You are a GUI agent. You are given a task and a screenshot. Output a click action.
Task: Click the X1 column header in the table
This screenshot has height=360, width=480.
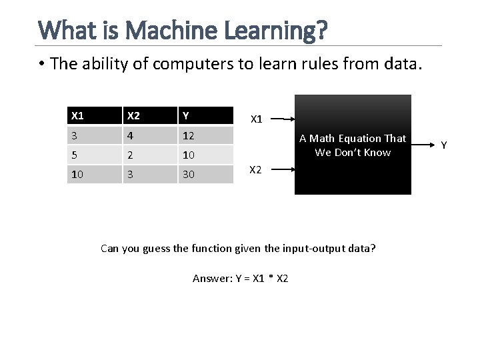(78, 115)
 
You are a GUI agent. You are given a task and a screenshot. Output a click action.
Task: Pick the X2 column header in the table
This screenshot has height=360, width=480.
(134, 115)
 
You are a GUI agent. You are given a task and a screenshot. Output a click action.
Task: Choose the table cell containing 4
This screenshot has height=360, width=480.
(132, 135)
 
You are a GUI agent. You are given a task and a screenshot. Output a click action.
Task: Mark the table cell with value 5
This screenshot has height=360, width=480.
(75, 154)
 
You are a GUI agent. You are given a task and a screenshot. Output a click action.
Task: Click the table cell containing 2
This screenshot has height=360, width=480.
(132, 154)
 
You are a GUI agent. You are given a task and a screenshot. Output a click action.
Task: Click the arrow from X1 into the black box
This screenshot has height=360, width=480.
(283, 119)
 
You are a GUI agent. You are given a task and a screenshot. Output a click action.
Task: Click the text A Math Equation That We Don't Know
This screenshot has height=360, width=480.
(353, 145)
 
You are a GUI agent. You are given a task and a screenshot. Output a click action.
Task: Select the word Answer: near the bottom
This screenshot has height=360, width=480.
(212, 278)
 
